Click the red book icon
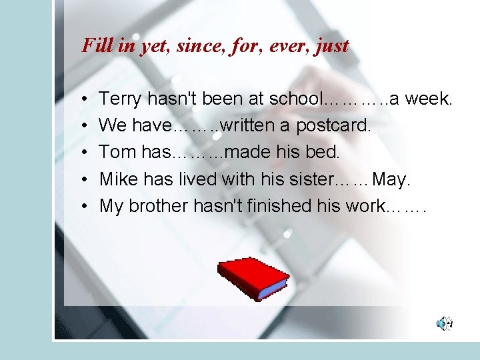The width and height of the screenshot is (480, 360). [253, 277]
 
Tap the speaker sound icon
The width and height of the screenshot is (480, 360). [444, 324]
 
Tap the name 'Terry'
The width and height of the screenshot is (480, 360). [120, 99]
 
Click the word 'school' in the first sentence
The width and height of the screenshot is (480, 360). [295, 99]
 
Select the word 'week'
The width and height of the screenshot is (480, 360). [429, 99]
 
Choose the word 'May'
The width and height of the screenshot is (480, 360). [392, 179]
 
